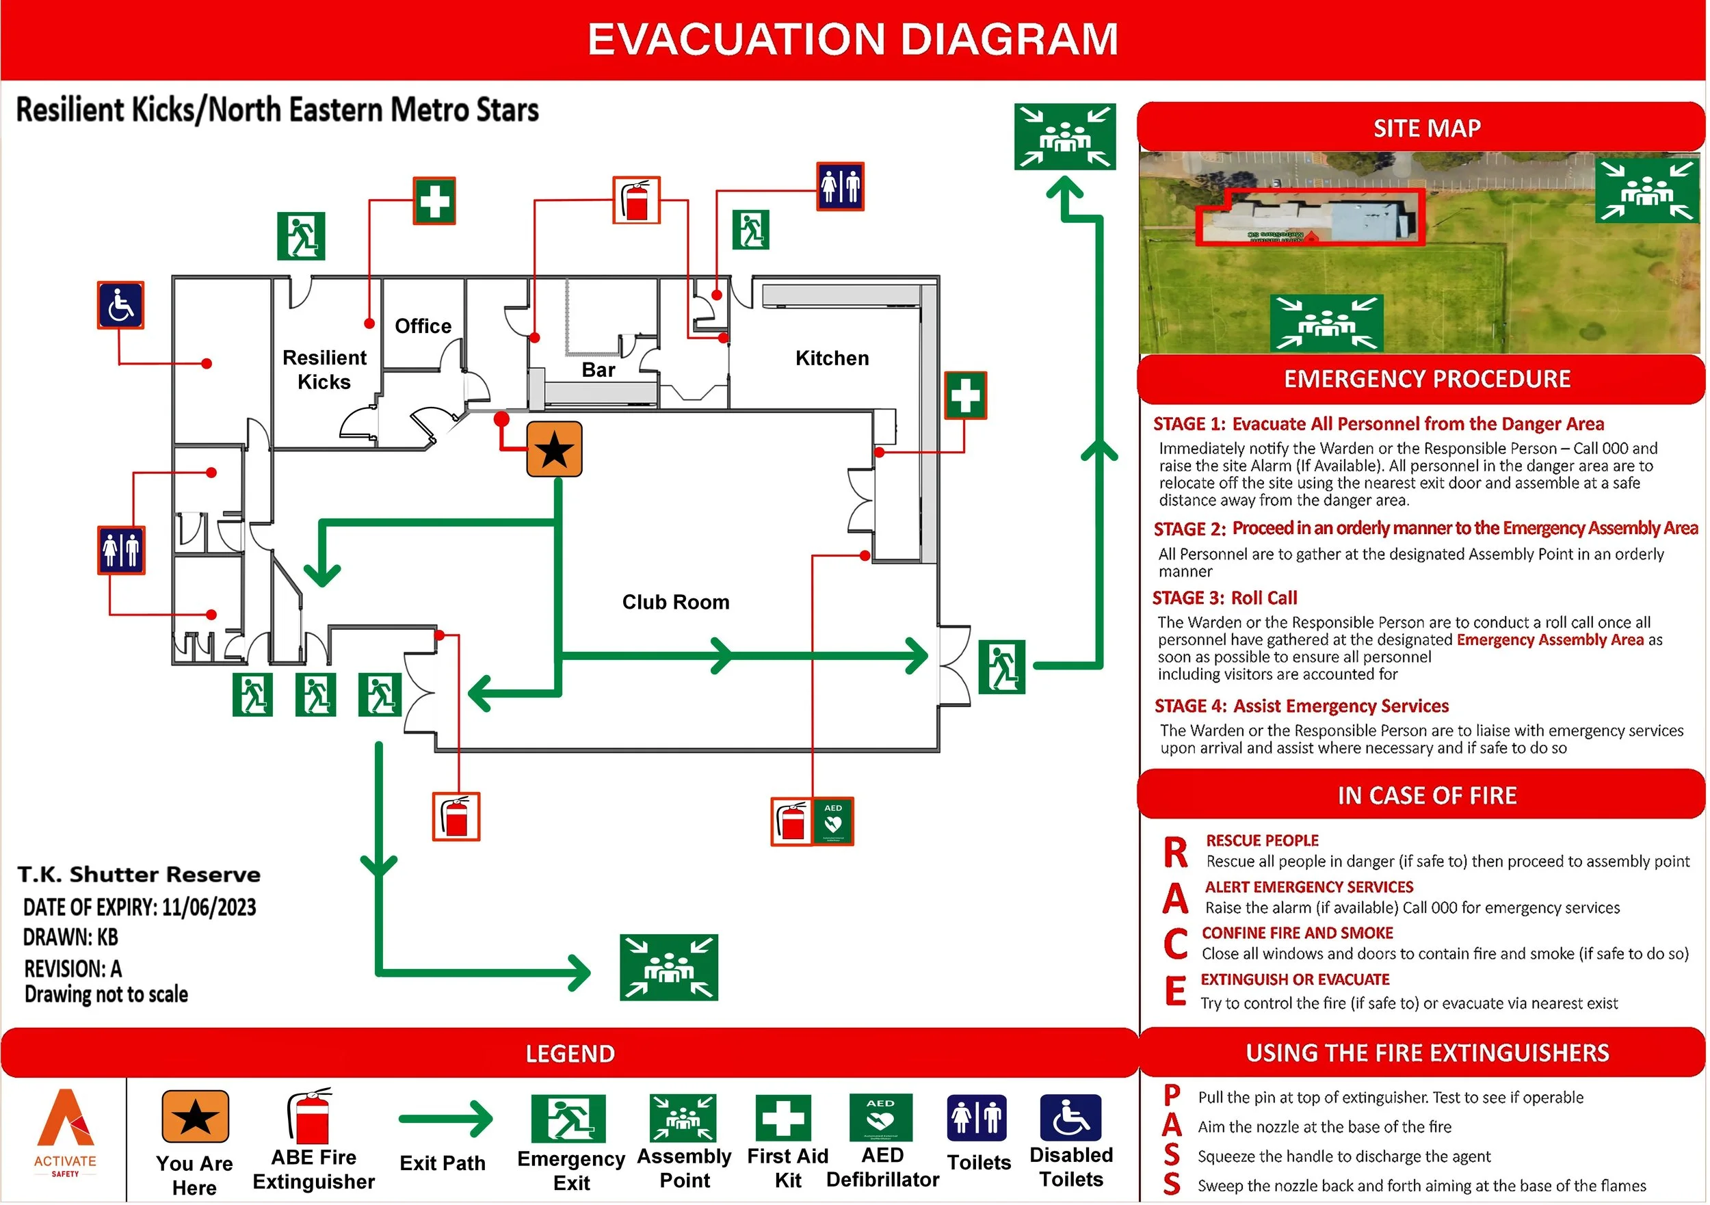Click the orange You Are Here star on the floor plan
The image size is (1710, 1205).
point(555,451)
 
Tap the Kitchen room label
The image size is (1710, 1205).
point(832,359)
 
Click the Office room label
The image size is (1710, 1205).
point(423,327)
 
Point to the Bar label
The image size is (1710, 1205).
point(598,371)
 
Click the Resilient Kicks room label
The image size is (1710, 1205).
point(325,370)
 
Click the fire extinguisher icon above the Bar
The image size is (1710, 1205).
point(637,201)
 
